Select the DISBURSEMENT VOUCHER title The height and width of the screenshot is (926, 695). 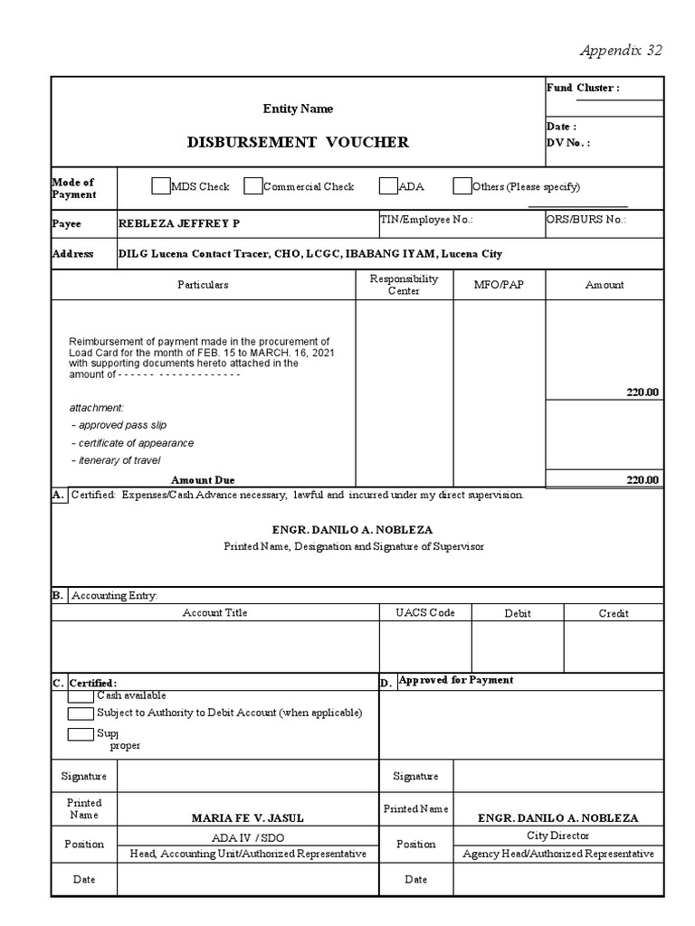point(298,142)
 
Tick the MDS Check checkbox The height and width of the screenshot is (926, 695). point(160,186)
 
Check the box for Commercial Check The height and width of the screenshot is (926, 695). point(252,186)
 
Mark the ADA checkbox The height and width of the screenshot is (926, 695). point(387,186)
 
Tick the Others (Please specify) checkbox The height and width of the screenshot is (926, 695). point(462,186)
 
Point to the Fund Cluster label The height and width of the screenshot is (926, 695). point(582,88)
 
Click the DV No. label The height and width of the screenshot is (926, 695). point(567,143)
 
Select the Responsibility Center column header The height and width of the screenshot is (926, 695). point(404,285)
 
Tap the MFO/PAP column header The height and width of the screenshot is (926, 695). point(498,285)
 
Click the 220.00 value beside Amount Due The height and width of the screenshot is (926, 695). point(643,480)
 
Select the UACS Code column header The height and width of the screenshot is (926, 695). point(424,613)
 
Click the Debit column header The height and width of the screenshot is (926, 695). point(517,613)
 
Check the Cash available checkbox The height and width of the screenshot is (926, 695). point(81,695)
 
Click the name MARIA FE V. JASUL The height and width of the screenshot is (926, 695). point(236,817)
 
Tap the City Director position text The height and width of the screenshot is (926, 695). point(557,836)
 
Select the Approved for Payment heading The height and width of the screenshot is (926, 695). point(455,680)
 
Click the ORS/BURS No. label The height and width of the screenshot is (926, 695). point(586,220)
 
